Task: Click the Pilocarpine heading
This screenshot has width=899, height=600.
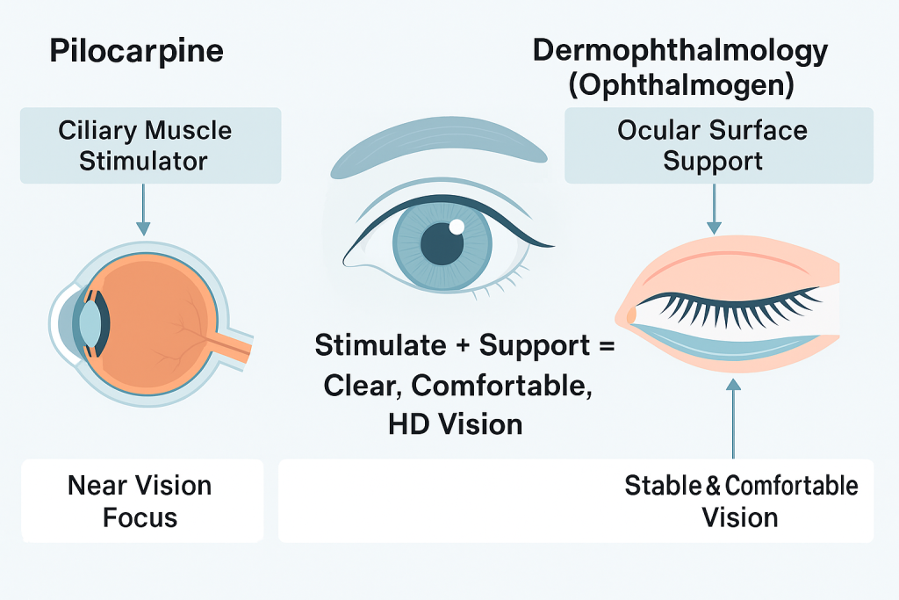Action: [136, 51]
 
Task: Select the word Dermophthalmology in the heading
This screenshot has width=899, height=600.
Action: [680, 51]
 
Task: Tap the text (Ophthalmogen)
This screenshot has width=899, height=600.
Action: [680, 86]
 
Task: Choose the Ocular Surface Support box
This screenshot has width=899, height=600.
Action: [712, 146]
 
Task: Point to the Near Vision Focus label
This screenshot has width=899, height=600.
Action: [140, 501]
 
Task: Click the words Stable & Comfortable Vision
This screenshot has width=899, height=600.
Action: [740, 501]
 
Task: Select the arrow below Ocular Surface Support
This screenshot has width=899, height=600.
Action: [714, 211]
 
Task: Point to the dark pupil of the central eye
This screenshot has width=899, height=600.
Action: [441, 242]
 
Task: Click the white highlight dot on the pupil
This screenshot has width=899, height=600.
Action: [456, 228]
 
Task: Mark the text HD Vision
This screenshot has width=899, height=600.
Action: [455, 425]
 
